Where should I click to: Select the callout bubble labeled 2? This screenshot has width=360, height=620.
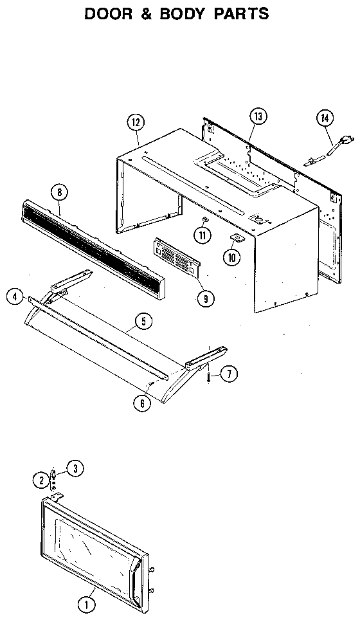pos(40,479)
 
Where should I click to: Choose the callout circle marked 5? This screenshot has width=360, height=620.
pos(143,320)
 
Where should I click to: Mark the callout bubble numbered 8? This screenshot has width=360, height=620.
pos(59,192)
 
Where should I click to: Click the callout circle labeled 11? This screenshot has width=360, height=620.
pos(204,235)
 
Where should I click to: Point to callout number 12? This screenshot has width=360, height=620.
pos(136,122)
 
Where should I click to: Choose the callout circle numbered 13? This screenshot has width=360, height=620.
pos(257,116)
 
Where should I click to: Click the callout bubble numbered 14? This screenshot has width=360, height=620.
pos(325,118)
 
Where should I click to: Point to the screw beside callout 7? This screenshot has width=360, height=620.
pos(210,374)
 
